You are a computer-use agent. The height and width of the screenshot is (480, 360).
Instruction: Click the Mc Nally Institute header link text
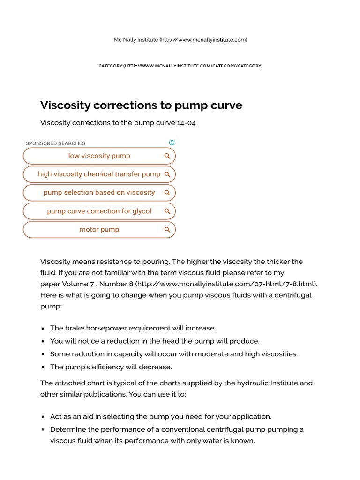click(136, 40)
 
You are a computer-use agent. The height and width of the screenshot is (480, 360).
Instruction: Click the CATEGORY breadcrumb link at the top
click(180, 66)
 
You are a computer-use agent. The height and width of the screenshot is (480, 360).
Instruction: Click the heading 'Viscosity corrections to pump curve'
click(141, 105)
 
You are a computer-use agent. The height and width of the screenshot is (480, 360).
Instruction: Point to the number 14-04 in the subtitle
click(186, 123)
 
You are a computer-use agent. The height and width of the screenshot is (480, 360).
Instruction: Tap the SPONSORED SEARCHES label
click(55, 143)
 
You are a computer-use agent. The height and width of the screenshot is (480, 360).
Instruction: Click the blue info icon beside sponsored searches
click(172, 143)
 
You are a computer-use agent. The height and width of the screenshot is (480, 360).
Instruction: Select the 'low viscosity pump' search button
click(99, 156)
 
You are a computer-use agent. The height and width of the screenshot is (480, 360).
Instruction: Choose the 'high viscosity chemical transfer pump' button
click(99, 174)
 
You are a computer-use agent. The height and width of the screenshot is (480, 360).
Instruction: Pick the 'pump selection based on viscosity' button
click(99, 193)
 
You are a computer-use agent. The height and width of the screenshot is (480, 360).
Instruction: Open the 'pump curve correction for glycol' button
click(99, 211)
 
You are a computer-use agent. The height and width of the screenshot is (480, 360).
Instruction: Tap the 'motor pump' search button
click(99, 230)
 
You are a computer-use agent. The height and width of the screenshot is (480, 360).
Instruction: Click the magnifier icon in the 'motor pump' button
click(167, 230)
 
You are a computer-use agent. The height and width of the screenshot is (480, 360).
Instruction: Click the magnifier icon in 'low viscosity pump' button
click(167, 156)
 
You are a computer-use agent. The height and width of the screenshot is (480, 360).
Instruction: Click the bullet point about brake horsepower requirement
click(133, 328)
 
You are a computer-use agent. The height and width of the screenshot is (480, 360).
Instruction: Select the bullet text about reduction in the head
click(155, 341)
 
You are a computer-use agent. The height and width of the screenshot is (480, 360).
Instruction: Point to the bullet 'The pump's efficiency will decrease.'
click(111, 367)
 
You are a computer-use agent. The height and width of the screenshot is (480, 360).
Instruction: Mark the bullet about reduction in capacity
click(174, 354)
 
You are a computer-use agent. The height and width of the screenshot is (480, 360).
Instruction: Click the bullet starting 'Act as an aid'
click(161, 416)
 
